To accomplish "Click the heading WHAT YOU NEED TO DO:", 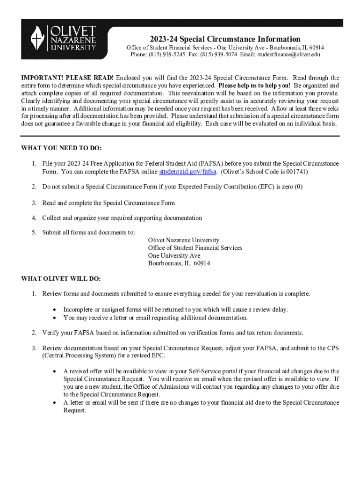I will [x=61, y=148].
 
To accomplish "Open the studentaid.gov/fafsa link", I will [x=187, y=172].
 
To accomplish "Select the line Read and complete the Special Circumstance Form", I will [x=108, y=203].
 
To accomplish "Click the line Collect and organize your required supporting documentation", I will [x=122, y=218].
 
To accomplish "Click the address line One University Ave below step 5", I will [x=174, y=255].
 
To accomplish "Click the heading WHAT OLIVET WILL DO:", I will [x=61, y=279].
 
